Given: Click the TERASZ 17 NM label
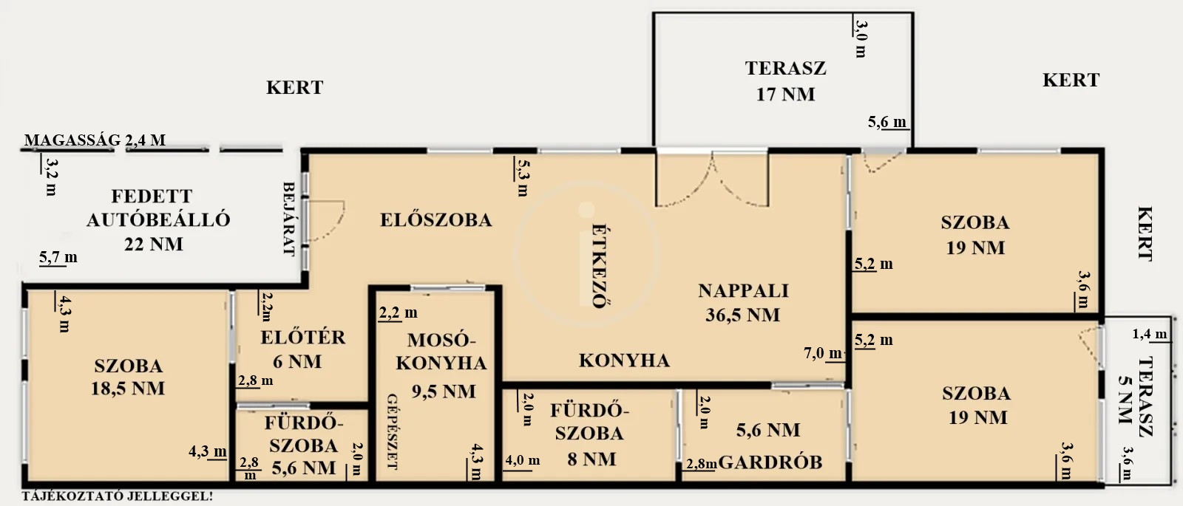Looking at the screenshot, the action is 785,81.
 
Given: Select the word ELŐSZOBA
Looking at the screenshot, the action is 435,220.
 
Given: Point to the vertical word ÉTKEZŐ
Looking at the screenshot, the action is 599,266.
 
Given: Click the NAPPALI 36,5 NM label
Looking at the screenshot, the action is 743,303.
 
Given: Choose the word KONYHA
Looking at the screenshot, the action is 624,360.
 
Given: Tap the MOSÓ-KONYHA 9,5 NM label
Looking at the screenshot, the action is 441,365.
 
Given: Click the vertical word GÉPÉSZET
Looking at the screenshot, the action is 393,431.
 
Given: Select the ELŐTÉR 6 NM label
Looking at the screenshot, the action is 302,349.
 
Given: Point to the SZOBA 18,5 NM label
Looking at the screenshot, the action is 129,377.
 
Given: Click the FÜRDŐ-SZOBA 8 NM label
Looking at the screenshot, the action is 590,435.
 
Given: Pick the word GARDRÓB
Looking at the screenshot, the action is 770,462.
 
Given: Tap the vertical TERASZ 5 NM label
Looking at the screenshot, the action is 1136,397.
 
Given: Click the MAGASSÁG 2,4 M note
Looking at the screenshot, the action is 95,140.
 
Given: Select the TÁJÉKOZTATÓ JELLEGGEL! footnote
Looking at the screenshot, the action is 118,496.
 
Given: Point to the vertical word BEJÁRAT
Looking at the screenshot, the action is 289,219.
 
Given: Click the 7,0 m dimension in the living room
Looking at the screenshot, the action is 823,353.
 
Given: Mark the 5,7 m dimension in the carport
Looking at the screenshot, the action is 58,258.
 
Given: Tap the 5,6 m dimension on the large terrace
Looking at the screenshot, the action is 887,123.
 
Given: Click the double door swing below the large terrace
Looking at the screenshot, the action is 712,180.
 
